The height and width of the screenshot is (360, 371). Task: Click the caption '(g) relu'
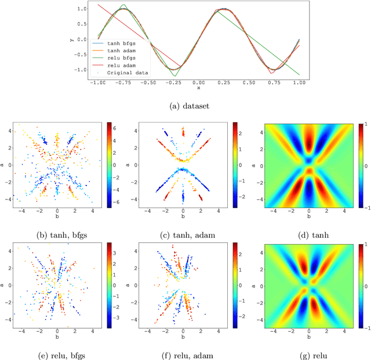[x=308, y=349]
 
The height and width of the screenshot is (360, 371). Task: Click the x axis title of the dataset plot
[x=198, y=88]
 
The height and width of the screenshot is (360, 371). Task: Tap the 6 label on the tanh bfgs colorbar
[x=116, y=126]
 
